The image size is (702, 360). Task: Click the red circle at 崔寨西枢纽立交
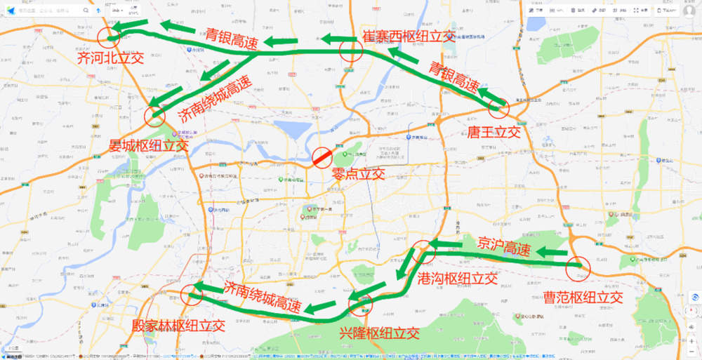(350, 50)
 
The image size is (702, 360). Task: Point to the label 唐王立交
(494, 131)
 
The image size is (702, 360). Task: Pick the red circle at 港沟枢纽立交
(423, 251)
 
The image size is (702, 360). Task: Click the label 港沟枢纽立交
(457, 279)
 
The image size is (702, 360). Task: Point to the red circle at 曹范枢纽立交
(578, 267)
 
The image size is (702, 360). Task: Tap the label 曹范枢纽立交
(583, 297)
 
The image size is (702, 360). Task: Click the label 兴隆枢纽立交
(379, 332)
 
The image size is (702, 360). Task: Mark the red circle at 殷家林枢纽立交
(191, 295)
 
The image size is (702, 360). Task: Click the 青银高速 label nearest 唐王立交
(454, 78)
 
